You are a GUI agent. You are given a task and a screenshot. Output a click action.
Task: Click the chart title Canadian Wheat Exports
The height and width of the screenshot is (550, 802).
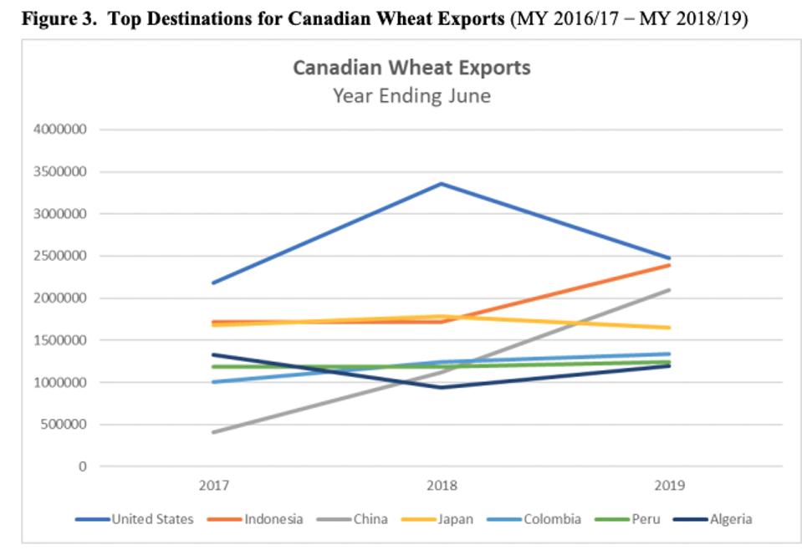pos(411,68)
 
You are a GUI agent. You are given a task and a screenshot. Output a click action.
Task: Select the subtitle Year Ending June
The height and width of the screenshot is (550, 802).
pos(411,95)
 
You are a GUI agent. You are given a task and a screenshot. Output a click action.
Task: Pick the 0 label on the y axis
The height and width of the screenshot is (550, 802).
pos(84,466)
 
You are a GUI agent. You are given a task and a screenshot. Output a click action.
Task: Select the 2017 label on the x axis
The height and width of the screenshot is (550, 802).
pos(215,486)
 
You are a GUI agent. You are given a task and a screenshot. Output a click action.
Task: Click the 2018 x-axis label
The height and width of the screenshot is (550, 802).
pos(442,486)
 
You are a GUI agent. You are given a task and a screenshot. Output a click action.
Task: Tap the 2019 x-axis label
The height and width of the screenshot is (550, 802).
pos(669,486)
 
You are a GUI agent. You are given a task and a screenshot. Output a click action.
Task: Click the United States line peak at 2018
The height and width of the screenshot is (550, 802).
pos(442,184)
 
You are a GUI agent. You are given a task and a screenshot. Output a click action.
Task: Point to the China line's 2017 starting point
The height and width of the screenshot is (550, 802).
pos(215,432)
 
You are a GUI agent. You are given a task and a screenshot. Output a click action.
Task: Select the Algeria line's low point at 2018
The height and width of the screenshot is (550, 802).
pos(442,387)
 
